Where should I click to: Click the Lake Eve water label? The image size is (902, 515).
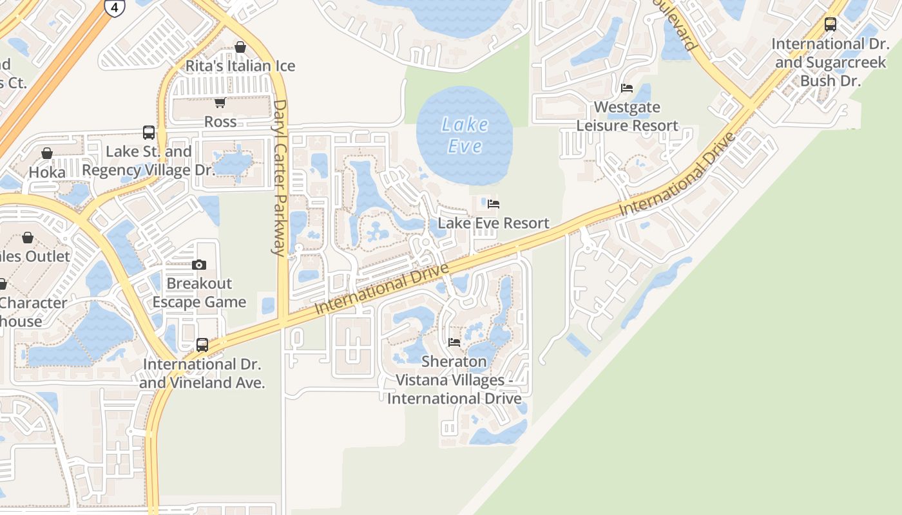pos(465,135)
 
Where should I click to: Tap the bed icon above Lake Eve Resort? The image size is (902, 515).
pos(494,204)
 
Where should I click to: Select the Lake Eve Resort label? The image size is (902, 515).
pos(494,223)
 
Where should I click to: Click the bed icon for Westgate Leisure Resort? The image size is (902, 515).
pos(627,88)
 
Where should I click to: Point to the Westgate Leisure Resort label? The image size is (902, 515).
pos(627,116)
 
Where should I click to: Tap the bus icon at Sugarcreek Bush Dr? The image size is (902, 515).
pos(830,25)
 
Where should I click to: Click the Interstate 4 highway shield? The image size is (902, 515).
pos(114,8)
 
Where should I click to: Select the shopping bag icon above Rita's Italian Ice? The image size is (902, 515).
pos(240,47)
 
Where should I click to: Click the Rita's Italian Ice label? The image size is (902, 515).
pos(240,66)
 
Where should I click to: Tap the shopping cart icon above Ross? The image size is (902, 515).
pos(220,102)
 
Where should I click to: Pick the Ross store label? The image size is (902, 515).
pos(220,122)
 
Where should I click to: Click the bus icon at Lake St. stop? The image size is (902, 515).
pos(149,133)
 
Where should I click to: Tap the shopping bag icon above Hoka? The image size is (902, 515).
pos(47,153)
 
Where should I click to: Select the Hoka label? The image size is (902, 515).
pos(47,173)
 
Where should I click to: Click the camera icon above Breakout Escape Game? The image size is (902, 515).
pos(199,265)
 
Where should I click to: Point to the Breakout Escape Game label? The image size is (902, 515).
pos(199,293)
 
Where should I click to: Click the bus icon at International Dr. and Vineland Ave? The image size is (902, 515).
pos(202,345)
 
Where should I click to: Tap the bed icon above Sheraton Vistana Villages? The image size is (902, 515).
pos(454,342)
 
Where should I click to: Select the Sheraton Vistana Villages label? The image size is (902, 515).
pos(454,380)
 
